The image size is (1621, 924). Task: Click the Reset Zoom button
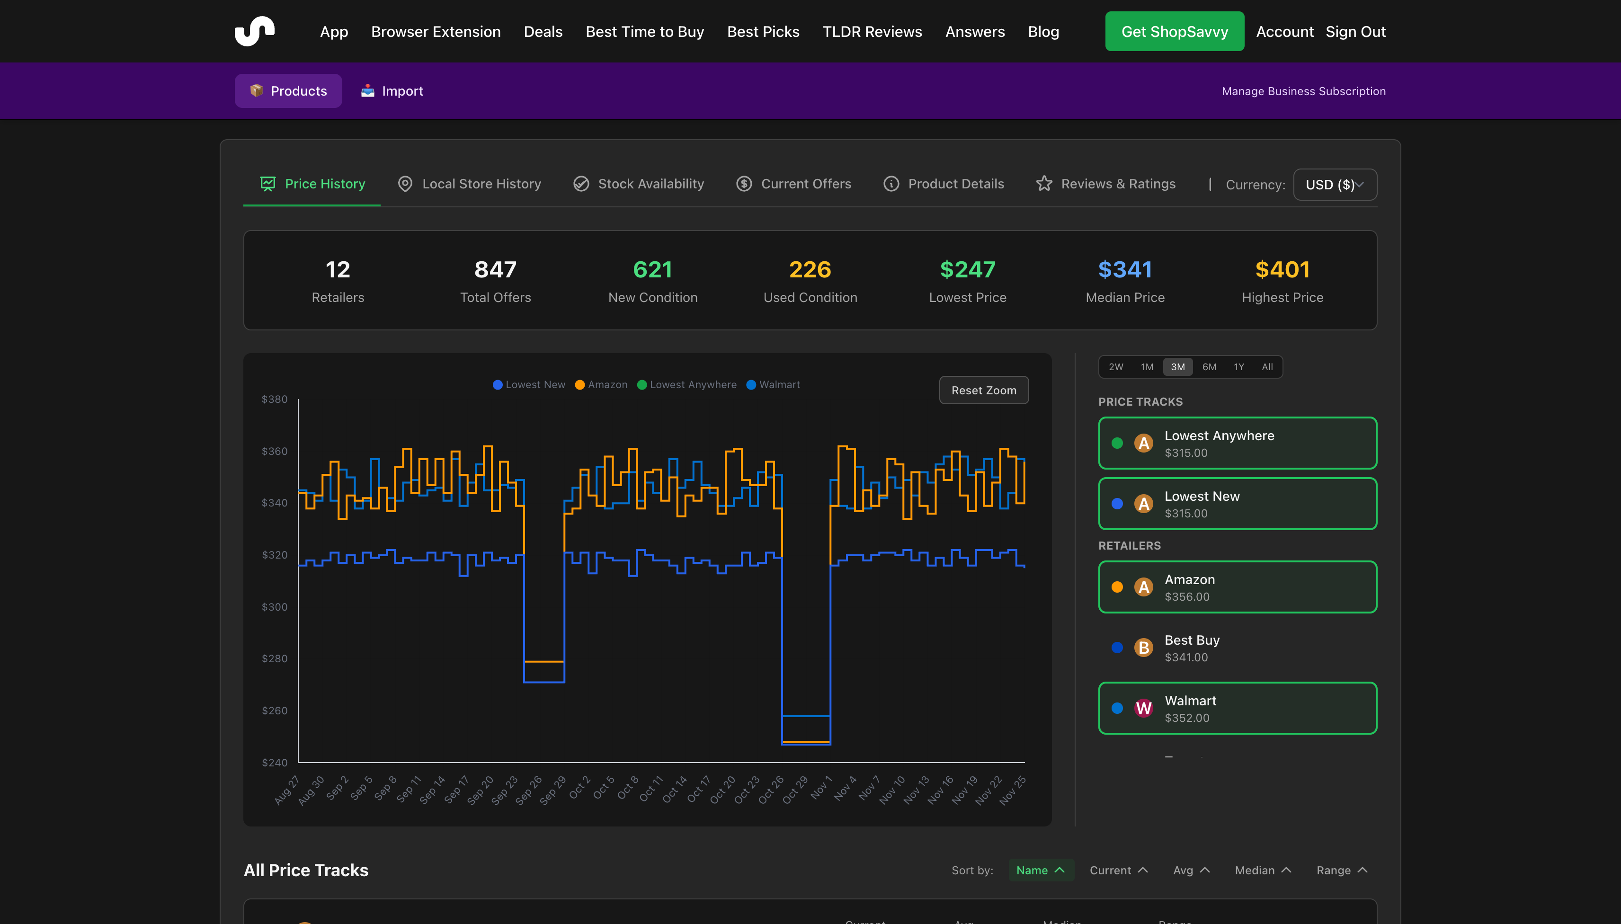[x=983, y=391]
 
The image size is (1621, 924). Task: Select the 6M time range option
[x=1209, y=367]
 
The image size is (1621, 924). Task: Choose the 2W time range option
[x=1115, y=367]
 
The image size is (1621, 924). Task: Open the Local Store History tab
[x=469, y=184]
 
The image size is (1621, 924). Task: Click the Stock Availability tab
[x=639, y=184]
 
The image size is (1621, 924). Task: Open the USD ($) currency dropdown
[x=1334, y=185]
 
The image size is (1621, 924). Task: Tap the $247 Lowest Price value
[x=967, y=270]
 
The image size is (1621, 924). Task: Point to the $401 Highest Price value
[x=1282, y=270]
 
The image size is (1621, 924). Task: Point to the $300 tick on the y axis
[x=274, y=607]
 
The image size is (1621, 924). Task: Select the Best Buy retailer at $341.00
[x=1237, y=647]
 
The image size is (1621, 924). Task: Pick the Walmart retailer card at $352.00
[x=1237, y=708]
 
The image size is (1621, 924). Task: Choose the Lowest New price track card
[x=1237, y=504]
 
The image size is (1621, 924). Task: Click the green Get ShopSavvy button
[x=1174, y=32]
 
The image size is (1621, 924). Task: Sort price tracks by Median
[x=1262, y=870]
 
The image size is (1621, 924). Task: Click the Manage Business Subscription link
[x=1303, y=91]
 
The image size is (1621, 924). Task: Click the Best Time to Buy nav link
[x=644, y=32]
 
